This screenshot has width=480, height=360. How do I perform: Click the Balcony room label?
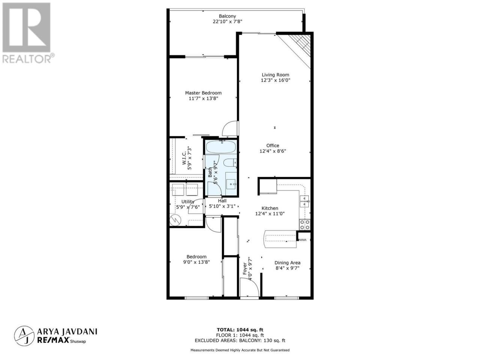click(227, 16)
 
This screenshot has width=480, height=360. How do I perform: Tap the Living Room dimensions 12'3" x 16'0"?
click(275, 80)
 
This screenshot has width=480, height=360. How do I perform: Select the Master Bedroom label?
click(203, 93)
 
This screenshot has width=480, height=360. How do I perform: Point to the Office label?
click(273, 145)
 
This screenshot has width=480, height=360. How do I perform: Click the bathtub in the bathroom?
click(221, 147)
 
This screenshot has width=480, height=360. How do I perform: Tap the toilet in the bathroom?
click(230, 163)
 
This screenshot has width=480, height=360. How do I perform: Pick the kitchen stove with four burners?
click(304, 225)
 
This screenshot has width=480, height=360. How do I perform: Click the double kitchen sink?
click(304, 201)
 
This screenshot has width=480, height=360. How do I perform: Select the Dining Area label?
click(287, 263)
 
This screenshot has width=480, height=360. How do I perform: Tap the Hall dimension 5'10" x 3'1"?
click(222, 206)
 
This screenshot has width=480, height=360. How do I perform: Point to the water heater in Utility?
click(175, 220)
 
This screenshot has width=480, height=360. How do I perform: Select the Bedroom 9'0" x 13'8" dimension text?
click(196, 262)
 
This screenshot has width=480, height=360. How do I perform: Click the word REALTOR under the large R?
click(27, 59)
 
